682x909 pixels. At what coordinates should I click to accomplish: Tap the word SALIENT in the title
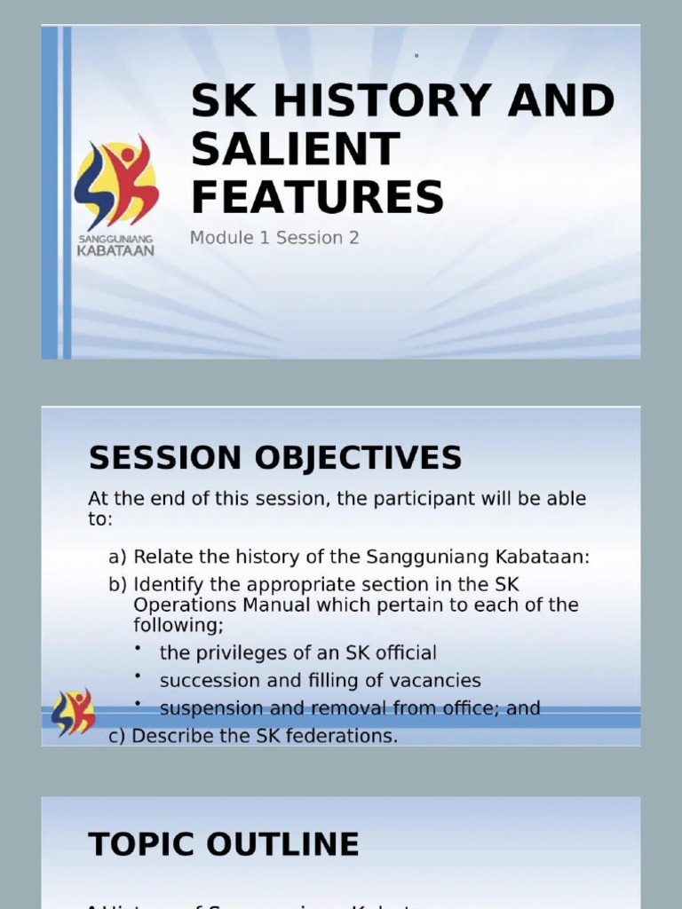point(296,148)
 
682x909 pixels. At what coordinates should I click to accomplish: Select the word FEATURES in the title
point(317,196)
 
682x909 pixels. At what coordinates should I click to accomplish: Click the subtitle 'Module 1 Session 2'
point(274,238)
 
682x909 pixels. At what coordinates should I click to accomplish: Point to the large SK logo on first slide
point(116,181)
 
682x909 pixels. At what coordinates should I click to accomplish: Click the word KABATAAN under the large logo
point(116,251)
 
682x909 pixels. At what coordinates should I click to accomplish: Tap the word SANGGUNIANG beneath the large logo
point(116,239)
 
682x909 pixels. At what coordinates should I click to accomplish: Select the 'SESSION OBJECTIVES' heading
point(275,458)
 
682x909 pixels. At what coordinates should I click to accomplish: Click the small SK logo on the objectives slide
point(73,711)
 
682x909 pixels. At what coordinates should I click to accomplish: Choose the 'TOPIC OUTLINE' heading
point(224,844)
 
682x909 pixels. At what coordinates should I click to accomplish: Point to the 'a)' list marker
point(118,557)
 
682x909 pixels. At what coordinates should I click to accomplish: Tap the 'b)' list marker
point(118,585)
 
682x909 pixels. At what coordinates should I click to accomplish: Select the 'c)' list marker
point(118,736)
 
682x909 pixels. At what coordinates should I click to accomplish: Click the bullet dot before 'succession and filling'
point(139,676)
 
